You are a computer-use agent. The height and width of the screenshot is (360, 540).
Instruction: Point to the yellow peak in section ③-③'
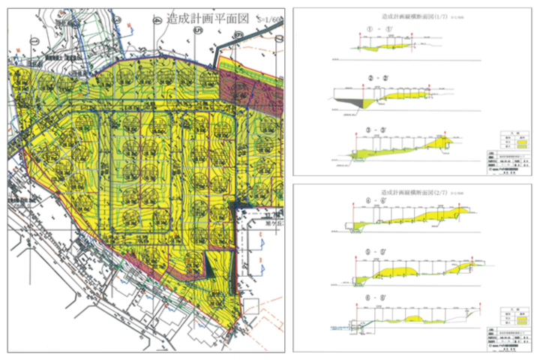click(x=443, y=141)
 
